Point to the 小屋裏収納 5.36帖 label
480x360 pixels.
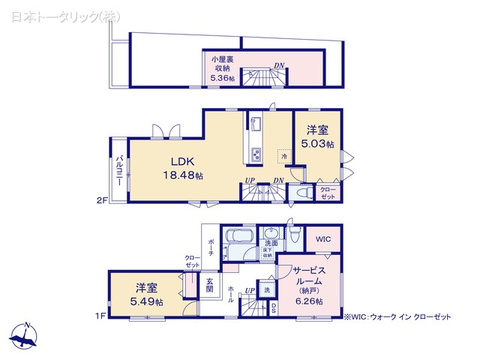(222, 67)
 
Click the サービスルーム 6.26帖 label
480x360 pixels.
(308, 285)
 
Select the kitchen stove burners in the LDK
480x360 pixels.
(255, 154)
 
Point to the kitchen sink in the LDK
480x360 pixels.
(254, 122)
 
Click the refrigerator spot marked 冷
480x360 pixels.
(284, 155)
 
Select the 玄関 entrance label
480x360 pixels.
(211, 284)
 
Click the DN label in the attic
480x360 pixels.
(278, 67)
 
